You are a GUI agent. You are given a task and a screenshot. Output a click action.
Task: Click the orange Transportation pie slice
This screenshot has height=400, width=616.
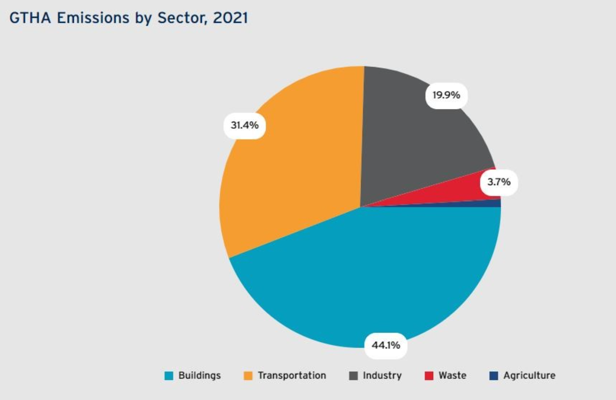pos(293,173)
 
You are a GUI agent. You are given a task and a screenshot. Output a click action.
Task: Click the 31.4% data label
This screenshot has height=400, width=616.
pos(244,126)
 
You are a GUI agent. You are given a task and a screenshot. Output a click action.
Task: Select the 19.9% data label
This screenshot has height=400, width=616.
pos(446,95)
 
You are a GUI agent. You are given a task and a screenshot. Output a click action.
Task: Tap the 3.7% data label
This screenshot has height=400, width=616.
pos(499,182)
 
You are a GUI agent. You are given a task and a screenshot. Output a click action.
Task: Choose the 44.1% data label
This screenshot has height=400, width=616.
pos(386,345)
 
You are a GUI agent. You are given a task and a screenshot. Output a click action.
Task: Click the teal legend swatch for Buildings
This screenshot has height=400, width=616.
pos(169,376)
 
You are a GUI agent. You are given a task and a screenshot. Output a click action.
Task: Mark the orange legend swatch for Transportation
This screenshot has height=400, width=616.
pos(248,376)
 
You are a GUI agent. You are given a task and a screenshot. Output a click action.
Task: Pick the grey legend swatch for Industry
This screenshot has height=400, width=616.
pos(353,376)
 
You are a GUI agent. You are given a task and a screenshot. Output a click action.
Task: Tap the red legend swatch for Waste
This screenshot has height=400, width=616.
pos(429,376)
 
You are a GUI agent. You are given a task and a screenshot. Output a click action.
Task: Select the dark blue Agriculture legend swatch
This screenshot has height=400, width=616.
pos(494,376)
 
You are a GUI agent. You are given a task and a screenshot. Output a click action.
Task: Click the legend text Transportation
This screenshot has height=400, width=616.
pos(292,375)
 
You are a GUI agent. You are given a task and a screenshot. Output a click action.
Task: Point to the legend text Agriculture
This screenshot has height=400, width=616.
pos(529,375)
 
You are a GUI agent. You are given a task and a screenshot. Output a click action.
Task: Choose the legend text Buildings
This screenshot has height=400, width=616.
pos(199,375)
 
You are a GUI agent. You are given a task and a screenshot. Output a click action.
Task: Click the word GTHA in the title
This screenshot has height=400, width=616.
pos(30,18)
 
